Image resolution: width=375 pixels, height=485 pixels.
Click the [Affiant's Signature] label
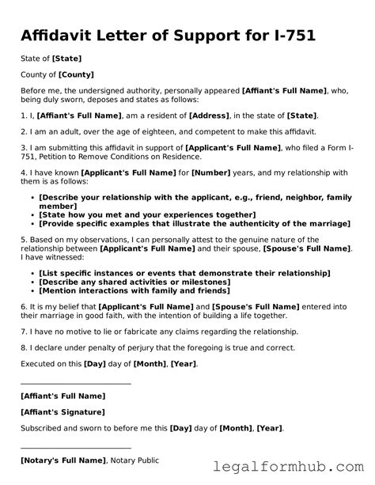(x=62, y=412)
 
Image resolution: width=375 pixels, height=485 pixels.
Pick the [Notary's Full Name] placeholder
(x=63, y=460)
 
